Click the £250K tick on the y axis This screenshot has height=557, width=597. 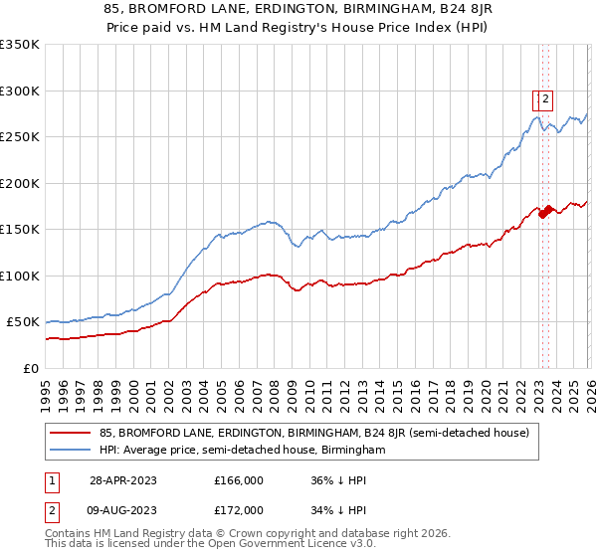click(20, 137)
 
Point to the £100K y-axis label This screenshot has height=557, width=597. click(20, 276)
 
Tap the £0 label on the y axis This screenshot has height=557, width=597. click(32, 368)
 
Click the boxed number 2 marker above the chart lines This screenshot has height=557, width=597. click(546, 98)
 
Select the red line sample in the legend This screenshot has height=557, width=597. click(71, 433)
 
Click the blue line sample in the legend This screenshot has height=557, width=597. click(71, 451)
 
